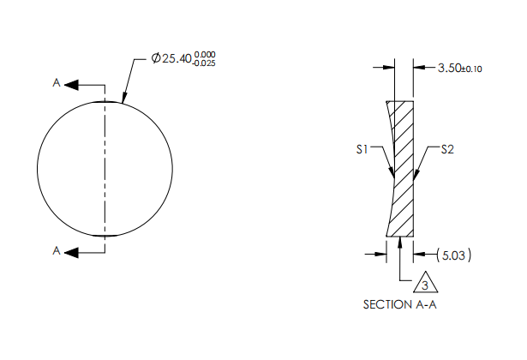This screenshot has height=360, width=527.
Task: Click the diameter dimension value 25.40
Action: coord(177,59)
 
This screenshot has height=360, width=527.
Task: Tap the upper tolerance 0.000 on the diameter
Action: coord(204,55)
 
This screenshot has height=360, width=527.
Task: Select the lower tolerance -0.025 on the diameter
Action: coord(204,63)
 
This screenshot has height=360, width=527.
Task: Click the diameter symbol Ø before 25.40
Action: coord(156,59)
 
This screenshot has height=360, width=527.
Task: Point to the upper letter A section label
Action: coord(57,84)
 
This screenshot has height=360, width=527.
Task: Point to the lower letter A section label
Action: coord(57,251)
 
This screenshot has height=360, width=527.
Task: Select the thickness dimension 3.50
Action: coord(450,67)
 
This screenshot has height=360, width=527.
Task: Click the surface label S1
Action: coord(362,150)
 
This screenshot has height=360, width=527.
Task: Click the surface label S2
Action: coord(446,150)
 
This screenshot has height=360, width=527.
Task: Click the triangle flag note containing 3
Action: coord(425,284)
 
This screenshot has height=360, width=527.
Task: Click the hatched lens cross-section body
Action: coord(403,171)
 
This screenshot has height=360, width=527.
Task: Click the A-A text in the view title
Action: coord(424,304)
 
